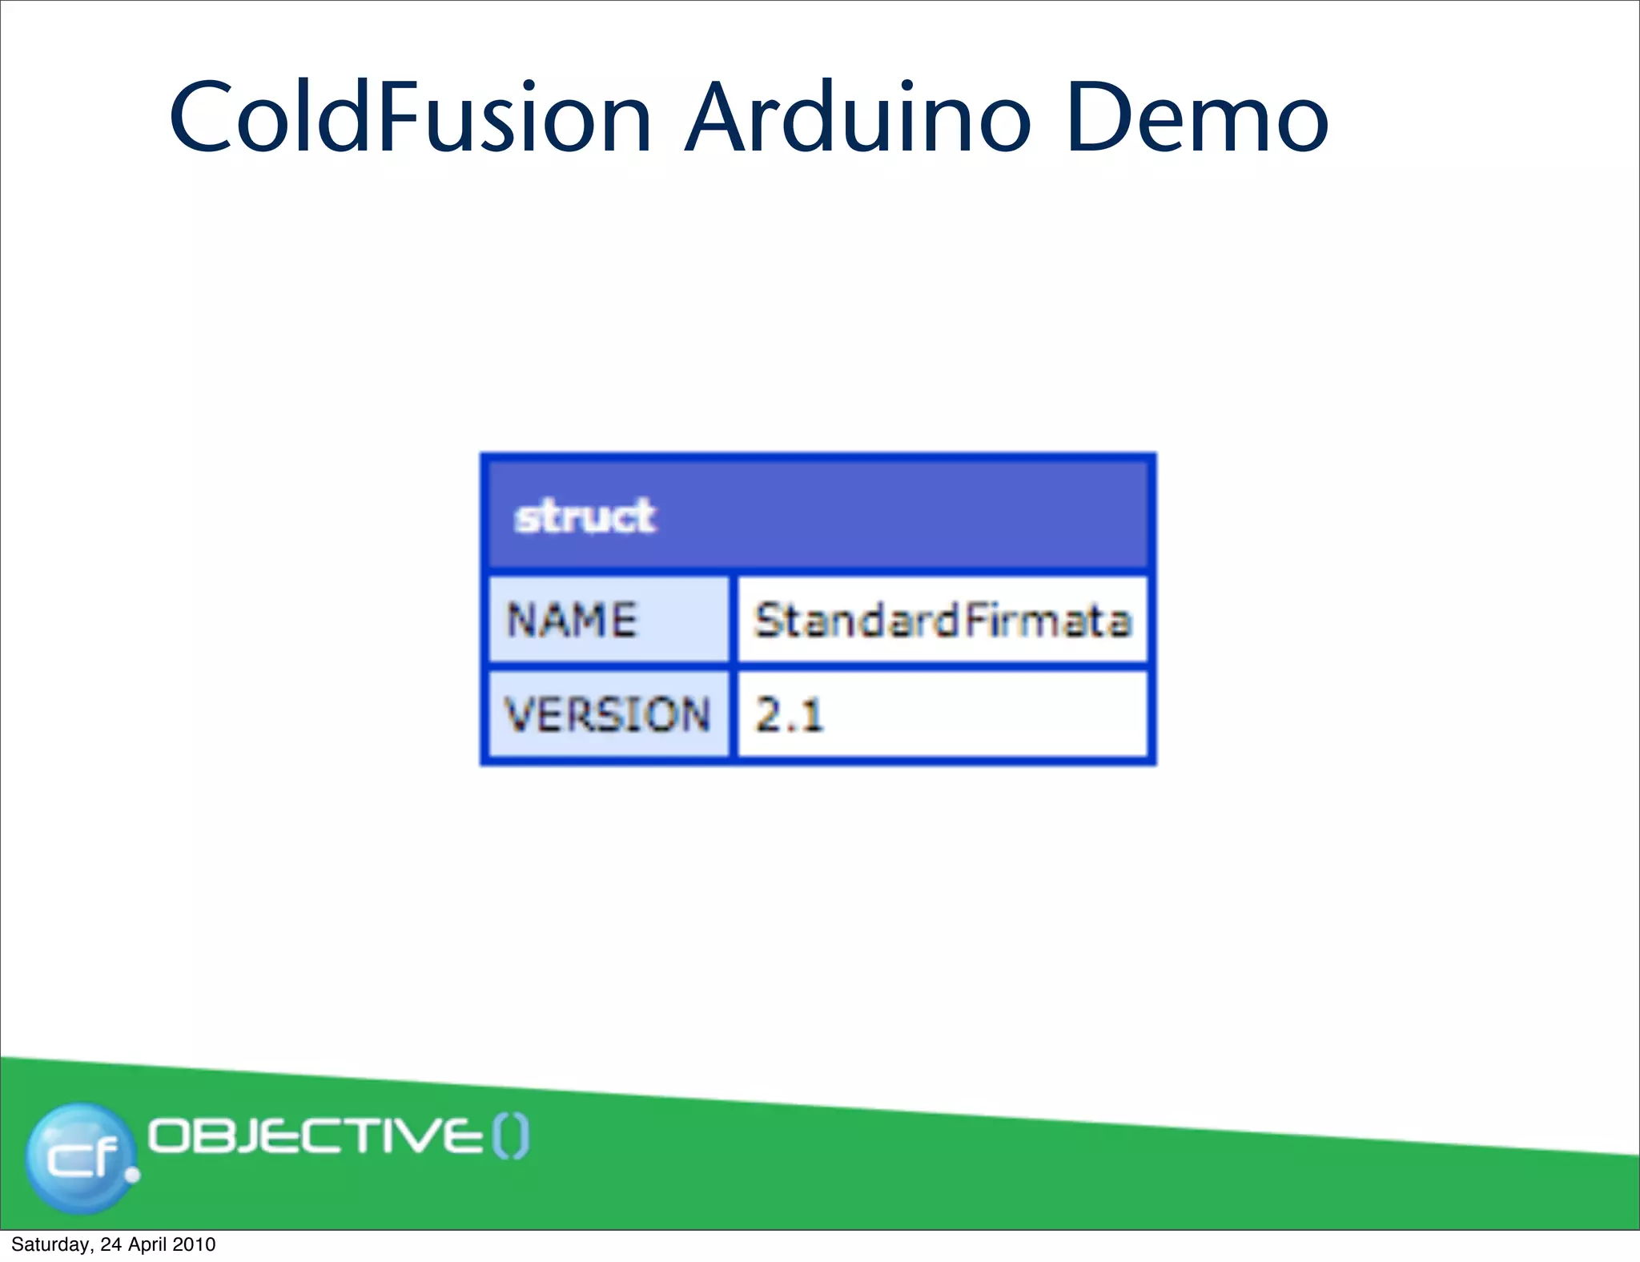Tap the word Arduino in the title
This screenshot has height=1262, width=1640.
(x=857, y=119)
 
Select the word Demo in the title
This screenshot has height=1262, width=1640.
(x=1197, y=119)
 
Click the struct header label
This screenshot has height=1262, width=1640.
(x=585, y=516)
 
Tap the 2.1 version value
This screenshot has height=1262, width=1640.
(x=789, y=714)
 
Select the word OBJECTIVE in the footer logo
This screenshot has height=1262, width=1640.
(x=316, y=1136)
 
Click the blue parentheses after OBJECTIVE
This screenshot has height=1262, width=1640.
(x=510, y=1137)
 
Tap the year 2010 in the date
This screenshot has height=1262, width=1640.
(x=195, y=1244)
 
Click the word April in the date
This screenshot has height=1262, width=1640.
(x=148, y=1244)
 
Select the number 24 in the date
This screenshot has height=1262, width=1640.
(x=111, y=1244)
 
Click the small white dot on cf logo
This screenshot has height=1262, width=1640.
(x=133, y=1175)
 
